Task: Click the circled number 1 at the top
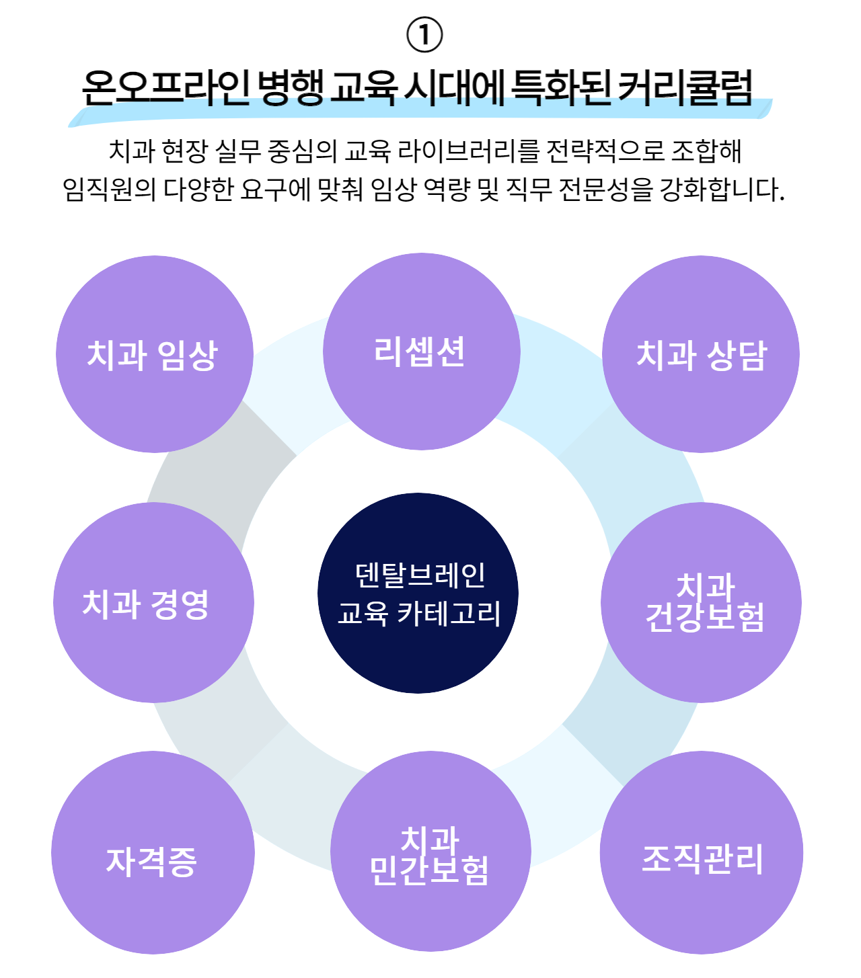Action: click(424, 35)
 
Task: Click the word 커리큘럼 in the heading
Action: click(685, 87)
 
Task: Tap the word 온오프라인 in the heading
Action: click(165, 87)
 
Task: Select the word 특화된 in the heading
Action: click(560, 87)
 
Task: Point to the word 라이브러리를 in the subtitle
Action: click(467, 151)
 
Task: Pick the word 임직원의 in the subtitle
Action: click(109, 189)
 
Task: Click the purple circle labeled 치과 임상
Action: click(155, 354)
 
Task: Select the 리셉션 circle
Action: click(421, 352)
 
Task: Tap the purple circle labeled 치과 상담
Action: click(701, 354)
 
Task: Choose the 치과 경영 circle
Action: click(153, 602)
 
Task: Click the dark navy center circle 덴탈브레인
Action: click(418, 594)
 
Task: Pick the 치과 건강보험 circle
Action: click(701, 602)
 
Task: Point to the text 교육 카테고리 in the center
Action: click(419, 614)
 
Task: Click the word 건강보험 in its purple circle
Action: click(705, 618)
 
